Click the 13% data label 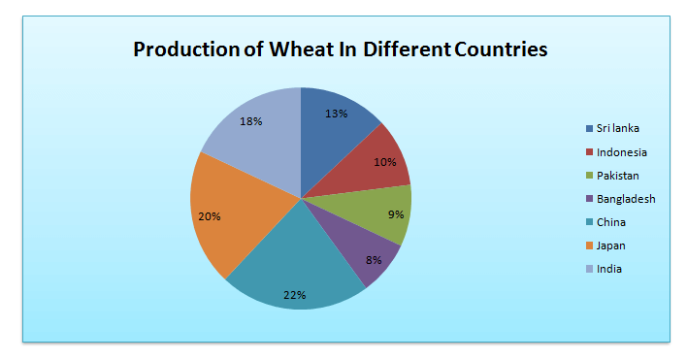(x=337, y=114)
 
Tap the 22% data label (x=295, y=294)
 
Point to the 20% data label (x=211, y=215)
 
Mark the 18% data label (x=251, y=122)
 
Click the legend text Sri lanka (x=619, y=129)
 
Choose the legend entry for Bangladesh (x=627, y=199)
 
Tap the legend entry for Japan (x=612, y=245)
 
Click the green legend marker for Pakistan (x=589, y=176)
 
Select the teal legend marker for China (x=589, y=222)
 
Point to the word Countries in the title (x=500, y=49)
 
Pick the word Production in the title (x=180, y=49)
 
